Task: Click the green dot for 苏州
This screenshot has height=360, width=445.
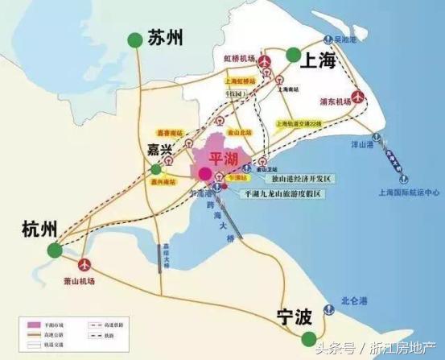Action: click(x=133, y=39)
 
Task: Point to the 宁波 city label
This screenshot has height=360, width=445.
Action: click(x=292, y=317)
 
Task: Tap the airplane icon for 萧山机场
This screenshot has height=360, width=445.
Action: click(x=85, y=264)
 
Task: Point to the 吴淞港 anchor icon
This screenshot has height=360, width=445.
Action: click(x=326, y=39)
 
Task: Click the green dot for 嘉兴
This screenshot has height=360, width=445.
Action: click(x=155, y=170)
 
